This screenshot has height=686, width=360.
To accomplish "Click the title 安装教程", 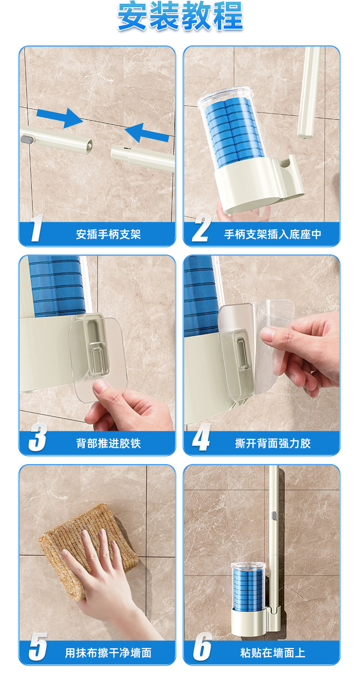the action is click(180, 16).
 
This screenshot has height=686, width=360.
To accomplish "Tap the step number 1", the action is click(37, 228).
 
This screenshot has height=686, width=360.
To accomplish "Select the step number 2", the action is click(201, 228).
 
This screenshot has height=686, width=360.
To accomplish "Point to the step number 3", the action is click(38, 437).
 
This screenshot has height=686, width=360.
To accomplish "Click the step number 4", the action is click(201, 437).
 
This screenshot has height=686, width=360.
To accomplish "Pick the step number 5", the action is click(38, 647).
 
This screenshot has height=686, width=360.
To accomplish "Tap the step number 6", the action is click(202, 647).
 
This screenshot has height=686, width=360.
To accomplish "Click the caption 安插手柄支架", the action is click(108, 234).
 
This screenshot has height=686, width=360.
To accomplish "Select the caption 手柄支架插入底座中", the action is click(273, 234).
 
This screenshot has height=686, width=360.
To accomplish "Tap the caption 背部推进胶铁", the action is click(108, 444).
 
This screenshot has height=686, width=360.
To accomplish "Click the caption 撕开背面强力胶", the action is click(273, 444).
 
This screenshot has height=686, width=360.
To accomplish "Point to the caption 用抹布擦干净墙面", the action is click(108, 653).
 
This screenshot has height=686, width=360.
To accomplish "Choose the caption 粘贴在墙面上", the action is click(273, 653).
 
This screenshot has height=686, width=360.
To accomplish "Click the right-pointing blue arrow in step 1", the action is click(60, 118).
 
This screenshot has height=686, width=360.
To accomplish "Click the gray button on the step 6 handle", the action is click(274, 517).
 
